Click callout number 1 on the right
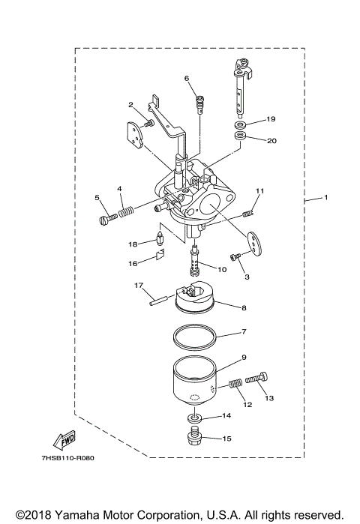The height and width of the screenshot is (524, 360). point(326,198)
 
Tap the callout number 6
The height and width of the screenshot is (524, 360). point(187,78)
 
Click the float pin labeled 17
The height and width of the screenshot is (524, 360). point(157,298)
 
